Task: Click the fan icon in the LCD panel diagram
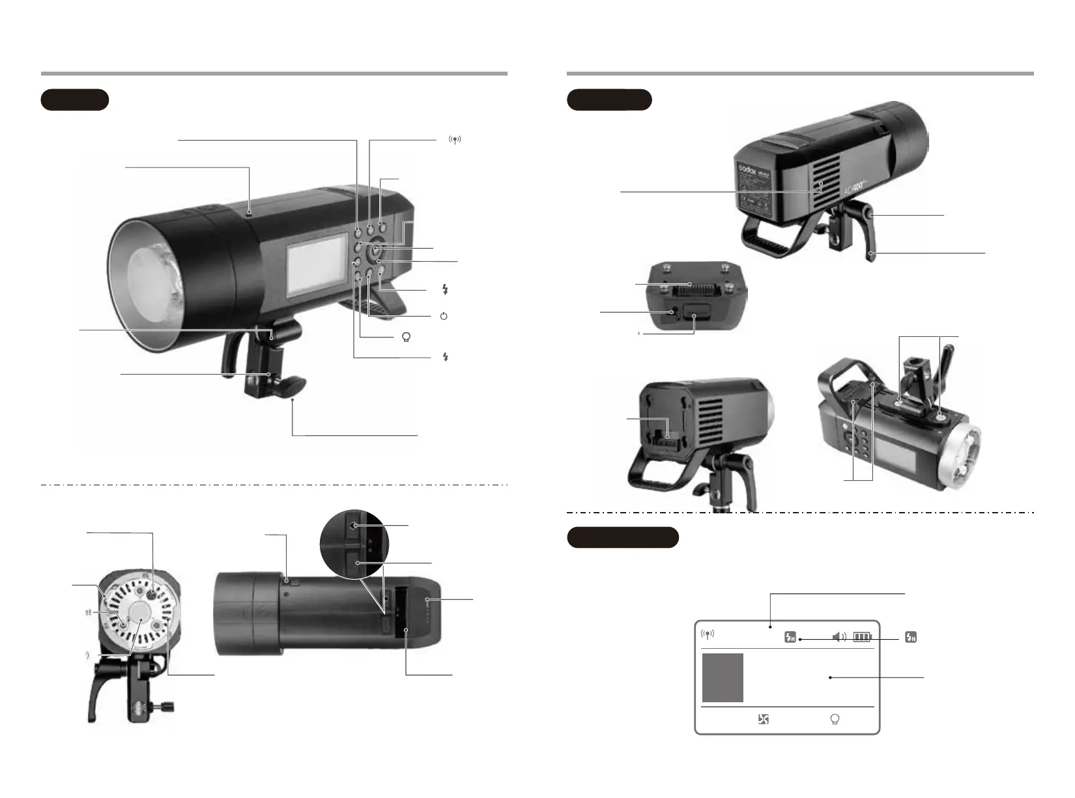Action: [764, 719]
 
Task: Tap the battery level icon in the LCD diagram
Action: [862, 636]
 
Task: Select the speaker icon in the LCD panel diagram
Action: [840, 636]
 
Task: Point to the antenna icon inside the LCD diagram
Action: [708, 635]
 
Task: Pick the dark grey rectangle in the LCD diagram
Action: [723, 677]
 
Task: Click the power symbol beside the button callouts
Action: [444, 316]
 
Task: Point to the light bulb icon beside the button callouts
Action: [407, 337]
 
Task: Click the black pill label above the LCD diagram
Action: [623, 537]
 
